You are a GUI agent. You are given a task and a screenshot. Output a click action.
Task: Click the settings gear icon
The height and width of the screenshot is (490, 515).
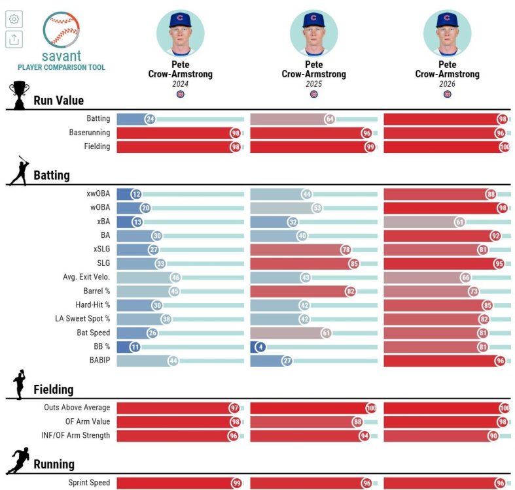tap(14, 20)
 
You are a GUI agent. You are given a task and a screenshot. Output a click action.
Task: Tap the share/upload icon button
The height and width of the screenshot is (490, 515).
tap(14, 39)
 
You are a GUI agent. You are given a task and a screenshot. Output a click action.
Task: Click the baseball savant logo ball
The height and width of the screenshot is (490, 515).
tap(62, 29)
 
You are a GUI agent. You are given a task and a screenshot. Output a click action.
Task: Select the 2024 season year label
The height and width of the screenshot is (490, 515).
tap(181, 84)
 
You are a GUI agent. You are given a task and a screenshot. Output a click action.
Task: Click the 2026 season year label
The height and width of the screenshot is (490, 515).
tap(448, 84)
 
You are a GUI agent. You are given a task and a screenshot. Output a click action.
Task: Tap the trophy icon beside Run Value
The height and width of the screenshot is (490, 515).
tap(19, 95)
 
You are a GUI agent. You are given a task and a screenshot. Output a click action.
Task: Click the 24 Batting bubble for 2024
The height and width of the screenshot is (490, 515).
tap(151, 119)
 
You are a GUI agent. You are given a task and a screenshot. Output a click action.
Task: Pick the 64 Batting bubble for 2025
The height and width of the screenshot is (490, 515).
tap(330, 119)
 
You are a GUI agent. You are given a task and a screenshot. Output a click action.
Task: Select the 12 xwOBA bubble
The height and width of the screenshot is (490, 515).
tap(136, 194)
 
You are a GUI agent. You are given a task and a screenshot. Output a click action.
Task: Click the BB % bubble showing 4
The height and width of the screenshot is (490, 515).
tap(260, 347)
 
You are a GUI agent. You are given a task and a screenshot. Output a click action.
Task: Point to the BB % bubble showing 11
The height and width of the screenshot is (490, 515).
tap(135, 347)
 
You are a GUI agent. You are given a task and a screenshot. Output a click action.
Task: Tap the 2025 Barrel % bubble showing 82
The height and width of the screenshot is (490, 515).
tap(351, 291)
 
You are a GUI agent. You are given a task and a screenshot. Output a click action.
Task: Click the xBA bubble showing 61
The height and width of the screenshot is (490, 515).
tap(460, 222)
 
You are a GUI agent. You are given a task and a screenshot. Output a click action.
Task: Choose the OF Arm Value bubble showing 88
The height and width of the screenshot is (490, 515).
tap(358, 422)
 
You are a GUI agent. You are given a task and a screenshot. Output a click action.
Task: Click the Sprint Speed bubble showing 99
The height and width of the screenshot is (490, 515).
tap(236, 483)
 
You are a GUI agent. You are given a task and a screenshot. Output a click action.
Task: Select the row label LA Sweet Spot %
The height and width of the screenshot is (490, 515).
tap(82, 319)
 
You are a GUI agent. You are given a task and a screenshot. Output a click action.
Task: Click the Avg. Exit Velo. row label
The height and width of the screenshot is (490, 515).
tap(86, 277)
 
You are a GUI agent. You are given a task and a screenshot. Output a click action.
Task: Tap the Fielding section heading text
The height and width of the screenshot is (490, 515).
tap(54, 389)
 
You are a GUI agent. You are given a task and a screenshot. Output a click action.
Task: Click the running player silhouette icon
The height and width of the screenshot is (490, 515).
tap(19, 461)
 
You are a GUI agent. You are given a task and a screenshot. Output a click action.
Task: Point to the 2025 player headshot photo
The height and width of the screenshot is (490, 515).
tap(313, 33)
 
